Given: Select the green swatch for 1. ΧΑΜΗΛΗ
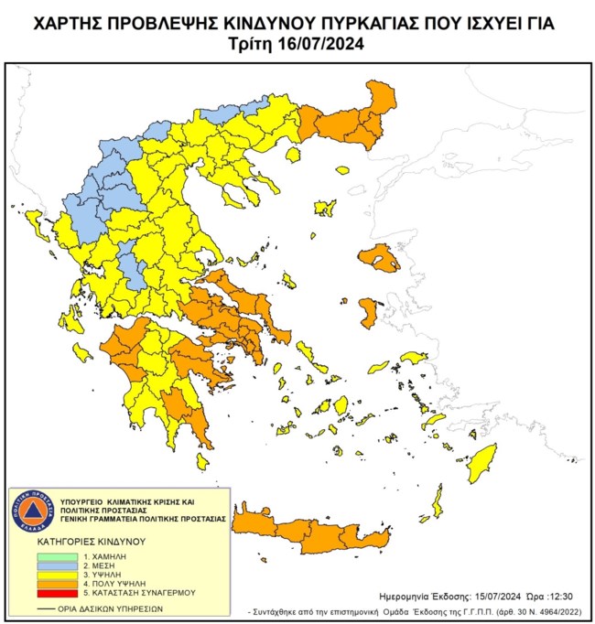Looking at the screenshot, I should (59, 556).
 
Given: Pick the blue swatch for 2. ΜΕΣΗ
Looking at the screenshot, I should (59, 566).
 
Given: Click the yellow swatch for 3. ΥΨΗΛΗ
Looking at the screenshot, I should (59, 576).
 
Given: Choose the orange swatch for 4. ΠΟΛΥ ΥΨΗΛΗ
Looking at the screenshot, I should (59, 586).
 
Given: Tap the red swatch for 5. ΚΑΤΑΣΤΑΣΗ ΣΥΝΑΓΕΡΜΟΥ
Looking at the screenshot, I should (59, 597).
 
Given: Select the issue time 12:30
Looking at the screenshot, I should (558, 595).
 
